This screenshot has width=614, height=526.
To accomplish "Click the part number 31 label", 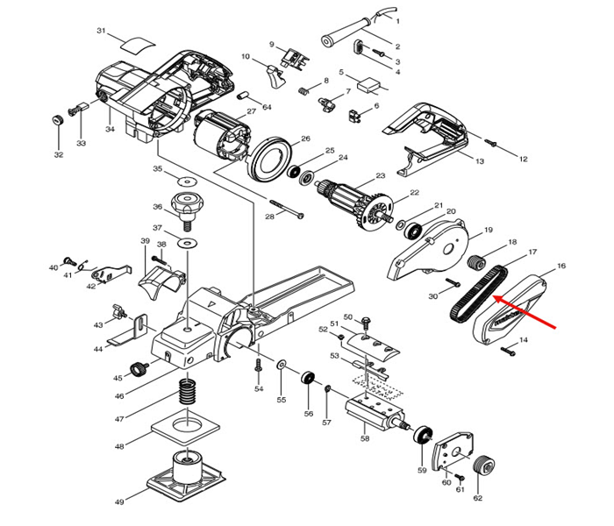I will tap(101, 31).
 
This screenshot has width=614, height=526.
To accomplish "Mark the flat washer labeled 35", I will tap(186, 181).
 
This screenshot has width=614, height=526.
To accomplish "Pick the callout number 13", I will tap(480, 161).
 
